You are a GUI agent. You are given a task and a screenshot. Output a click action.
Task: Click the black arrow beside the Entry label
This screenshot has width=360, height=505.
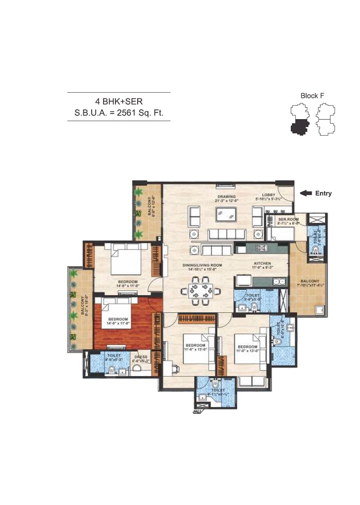(306, 193)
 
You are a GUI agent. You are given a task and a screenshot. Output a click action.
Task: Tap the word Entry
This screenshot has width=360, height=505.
(324, 194)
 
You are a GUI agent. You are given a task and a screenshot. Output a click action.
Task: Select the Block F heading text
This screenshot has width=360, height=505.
(312, 96)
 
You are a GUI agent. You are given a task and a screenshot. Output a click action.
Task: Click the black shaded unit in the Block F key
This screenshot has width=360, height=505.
(299, 127)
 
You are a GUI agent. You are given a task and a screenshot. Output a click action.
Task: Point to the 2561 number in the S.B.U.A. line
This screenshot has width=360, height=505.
(126, 113)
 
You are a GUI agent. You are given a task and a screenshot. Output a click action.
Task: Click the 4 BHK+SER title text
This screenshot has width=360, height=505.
(119, 102)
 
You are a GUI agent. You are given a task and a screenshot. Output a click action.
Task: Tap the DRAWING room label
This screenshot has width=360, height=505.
(226, 197)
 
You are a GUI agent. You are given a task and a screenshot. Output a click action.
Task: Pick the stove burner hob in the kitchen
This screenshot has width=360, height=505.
(262, 248)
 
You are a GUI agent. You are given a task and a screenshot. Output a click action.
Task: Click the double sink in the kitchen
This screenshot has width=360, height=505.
(279, 281)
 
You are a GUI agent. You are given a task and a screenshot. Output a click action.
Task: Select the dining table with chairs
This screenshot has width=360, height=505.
(200, 290)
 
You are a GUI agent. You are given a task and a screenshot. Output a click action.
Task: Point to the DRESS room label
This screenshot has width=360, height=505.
(141, 357)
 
